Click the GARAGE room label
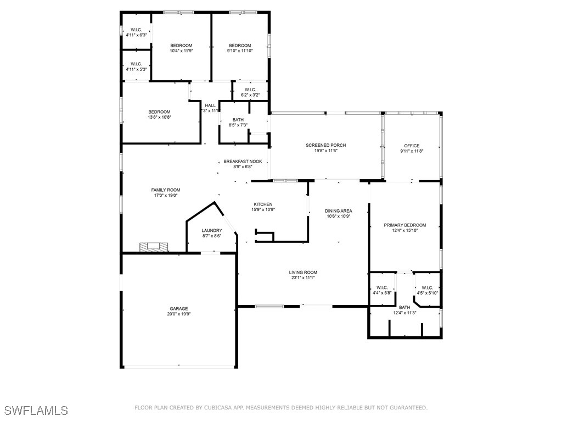coord(178,309)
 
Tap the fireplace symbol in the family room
coord(154,247)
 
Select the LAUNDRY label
coord(212,230)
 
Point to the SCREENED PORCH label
coord(326,145)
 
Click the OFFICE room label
coord(412,146)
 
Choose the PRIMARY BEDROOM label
coord(405,225)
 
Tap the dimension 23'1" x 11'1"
coord(303,277)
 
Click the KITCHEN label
coord(263,204)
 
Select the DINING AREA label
coord(338,211)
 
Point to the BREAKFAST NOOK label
coord(243,162)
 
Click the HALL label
coord(210,105)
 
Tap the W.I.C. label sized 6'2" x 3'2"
coord(250,90)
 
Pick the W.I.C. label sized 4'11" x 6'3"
coord(136,30)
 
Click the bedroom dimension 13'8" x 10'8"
coord(160,117)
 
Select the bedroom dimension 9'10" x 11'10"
coord(240,51)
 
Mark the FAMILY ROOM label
coord(166,190)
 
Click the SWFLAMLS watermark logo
coord(36,410)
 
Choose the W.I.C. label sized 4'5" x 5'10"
coord(427,288)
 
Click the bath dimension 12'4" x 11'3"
coord(404,313)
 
